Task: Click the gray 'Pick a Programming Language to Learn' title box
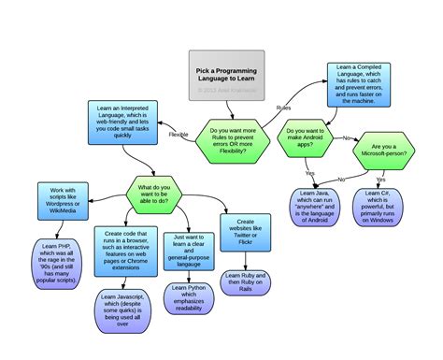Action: point(227,76)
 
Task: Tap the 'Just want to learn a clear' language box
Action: point(192,248)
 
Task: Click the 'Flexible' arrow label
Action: point(179,135)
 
